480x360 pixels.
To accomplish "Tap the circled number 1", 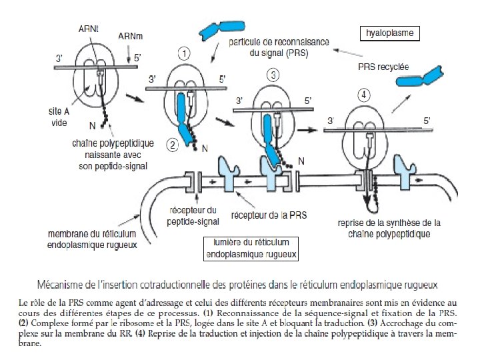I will pos(185,53).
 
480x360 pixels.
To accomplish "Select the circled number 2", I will pos(171,143).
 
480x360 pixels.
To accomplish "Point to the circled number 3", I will pos(273,75).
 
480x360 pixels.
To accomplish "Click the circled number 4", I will pos(364,95).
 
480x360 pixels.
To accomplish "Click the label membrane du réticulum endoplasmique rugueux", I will pos(93,239).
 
